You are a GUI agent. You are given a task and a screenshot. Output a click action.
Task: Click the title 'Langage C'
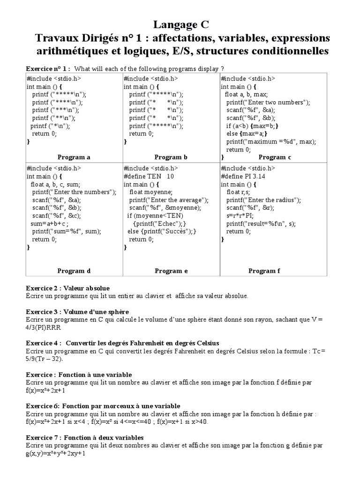click(x=180, y=24)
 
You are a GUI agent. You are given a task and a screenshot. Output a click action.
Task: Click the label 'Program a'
click(x=74, y=157)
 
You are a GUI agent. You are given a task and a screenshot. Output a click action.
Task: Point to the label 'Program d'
click(x=74, y=270)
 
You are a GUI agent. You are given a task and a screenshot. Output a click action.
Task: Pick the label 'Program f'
click(x=264, y=270)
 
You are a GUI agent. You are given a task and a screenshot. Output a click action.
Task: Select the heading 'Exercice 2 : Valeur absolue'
click(x=67, y=288)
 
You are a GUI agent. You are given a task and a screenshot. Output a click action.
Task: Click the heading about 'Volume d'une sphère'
click(x=77, y=312)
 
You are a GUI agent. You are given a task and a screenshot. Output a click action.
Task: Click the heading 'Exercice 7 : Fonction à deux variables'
click(x=84, y=437)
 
